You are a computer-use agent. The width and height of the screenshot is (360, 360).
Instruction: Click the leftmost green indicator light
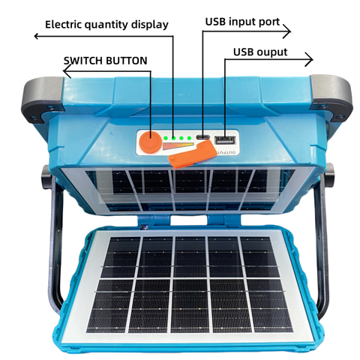[x=165, y=138]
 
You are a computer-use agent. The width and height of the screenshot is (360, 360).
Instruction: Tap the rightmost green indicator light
[x=189, y=138]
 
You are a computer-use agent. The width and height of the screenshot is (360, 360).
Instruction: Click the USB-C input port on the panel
[x=202, y=137]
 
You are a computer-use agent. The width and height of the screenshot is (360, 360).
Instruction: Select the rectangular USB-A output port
[x=225, y=140]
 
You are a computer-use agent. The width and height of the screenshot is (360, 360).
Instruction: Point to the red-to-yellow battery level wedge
[x=178, y=146]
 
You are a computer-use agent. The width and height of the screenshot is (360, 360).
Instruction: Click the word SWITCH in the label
[x=83, y=61]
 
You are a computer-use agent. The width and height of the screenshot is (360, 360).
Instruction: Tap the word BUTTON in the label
[x=127, y=61]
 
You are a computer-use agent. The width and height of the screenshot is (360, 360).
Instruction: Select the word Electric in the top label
[x=64, y=25]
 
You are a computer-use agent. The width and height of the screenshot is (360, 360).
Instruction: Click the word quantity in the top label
[x=106, y=25]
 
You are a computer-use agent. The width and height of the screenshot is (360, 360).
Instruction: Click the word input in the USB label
[x=241, y=22]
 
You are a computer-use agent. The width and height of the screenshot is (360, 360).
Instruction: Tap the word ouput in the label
[x=272, y=52]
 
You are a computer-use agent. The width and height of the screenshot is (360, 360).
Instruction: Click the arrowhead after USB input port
[x=287, y=31]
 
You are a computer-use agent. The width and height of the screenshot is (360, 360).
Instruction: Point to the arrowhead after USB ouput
[x=309, y=59]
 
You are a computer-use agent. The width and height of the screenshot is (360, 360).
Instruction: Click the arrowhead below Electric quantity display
[x=37, y=36]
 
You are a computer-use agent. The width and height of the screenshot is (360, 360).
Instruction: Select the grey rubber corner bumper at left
[x=42, y=99]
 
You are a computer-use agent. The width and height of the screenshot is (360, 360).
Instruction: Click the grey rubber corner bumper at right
[x=331, y=97]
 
